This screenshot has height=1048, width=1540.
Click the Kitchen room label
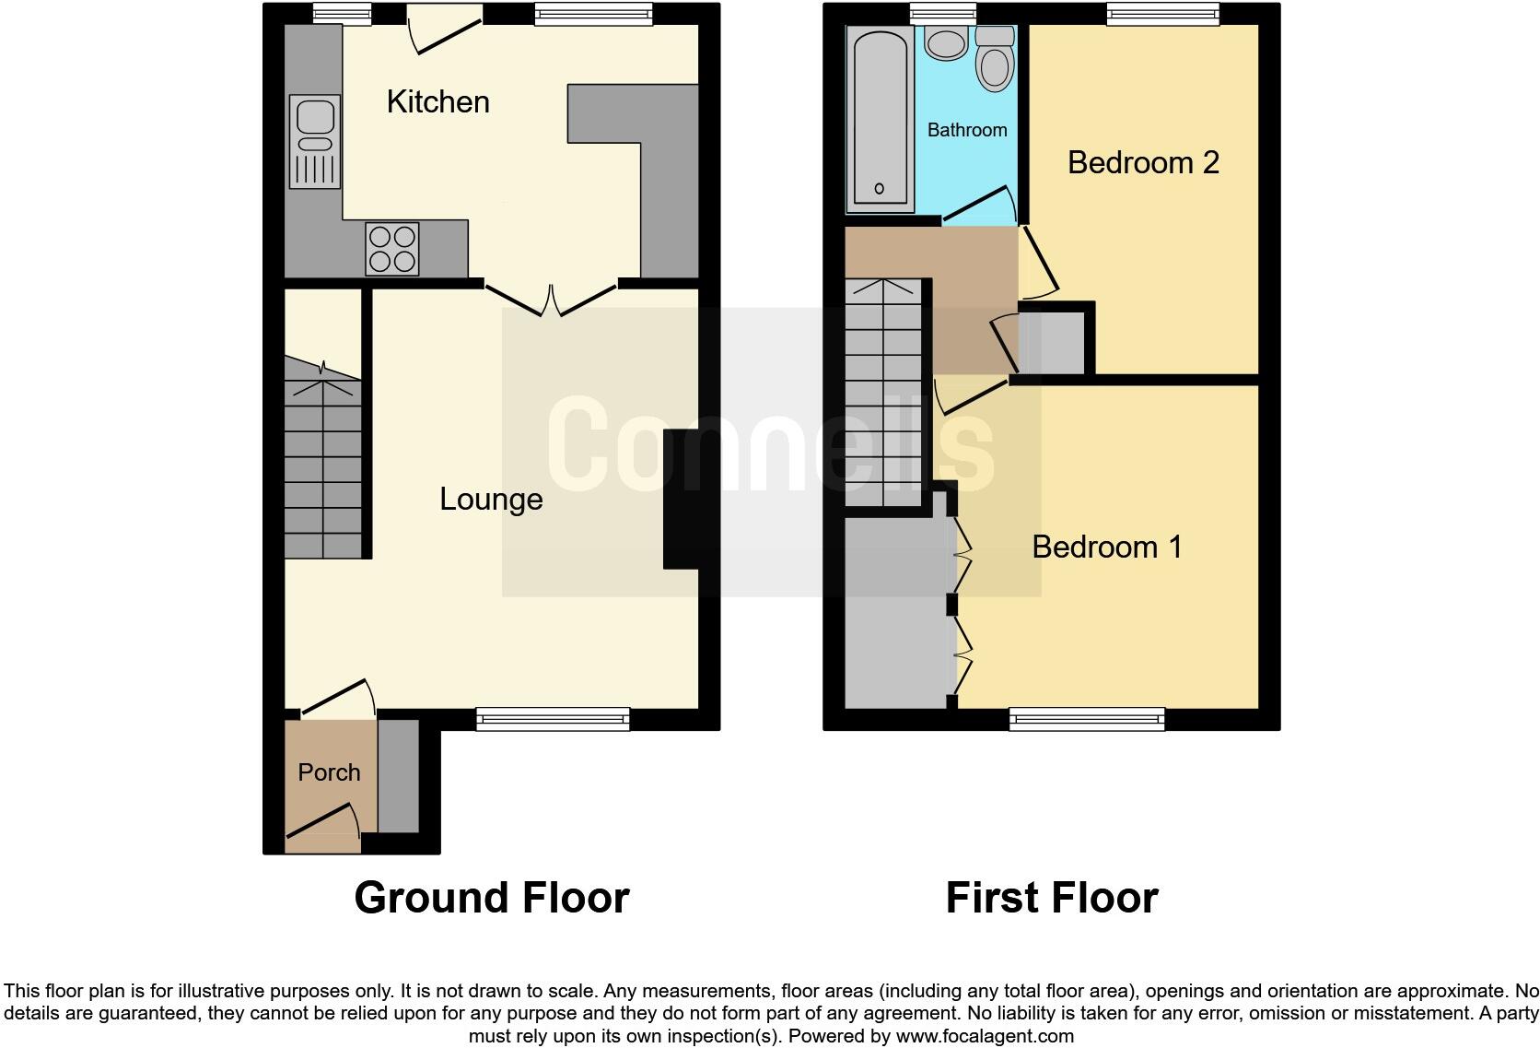point(437,102)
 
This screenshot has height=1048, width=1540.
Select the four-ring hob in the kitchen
point(391,249)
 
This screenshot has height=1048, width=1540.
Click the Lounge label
point(491,500)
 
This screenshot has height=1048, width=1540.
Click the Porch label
point(329,772)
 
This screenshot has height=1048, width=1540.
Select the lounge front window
point(553,719)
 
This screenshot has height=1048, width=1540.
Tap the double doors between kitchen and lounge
point(551,300)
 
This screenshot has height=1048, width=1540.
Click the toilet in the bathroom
point(994,57)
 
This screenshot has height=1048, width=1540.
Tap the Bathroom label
point(966,130)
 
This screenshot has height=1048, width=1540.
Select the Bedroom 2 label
point(1143,163)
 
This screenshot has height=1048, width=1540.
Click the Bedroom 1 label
point(1106,548)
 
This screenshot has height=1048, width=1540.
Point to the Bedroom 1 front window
point(1087,719)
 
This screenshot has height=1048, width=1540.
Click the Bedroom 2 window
point(1163,13)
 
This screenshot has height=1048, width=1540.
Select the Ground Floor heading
point(491,898)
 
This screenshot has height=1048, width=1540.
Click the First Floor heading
point(1051,898)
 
